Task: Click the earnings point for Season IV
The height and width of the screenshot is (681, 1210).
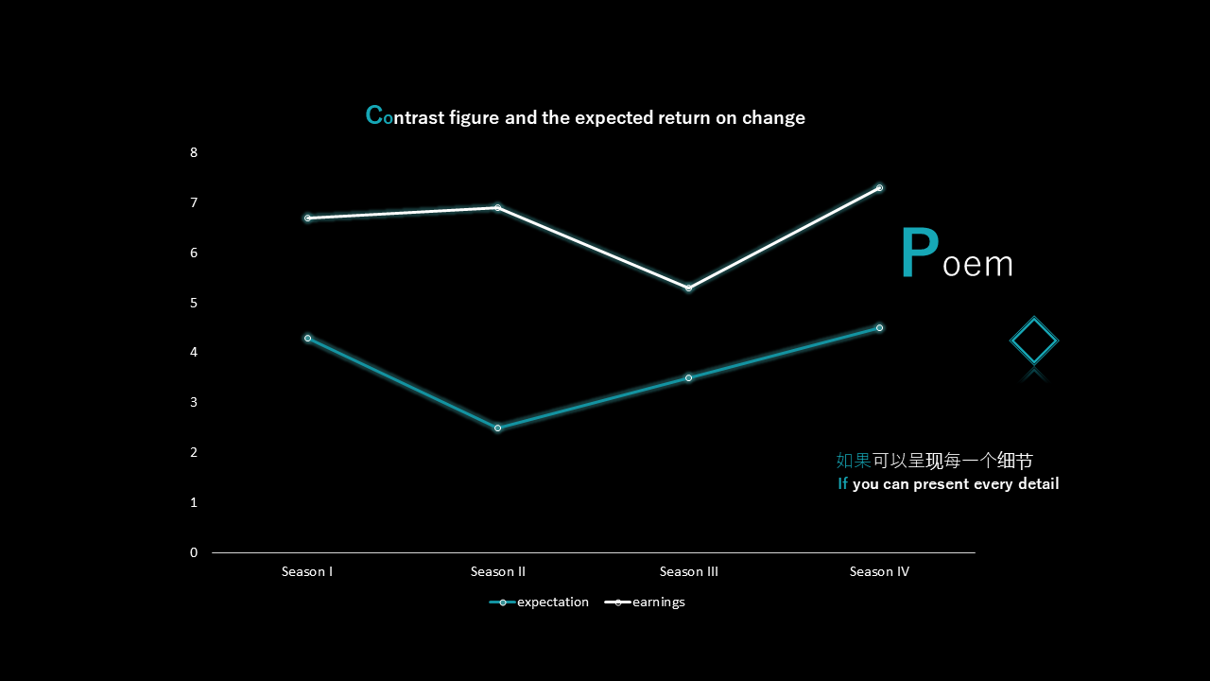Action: click(x=879, y=188)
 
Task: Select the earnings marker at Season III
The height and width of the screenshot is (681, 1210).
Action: click(x=689, y=288)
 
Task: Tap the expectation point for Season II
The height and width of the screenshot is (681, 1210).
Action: click(x=497, y=428)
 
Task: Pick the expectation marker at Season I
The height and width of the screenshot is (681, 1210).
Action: click(x=308, y=339)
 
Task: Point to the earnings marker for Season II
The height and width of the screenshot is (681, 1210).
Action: click(x=497, y=207)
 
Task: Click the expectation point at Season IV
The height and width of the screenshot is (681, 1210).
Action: click(x=879, y=328)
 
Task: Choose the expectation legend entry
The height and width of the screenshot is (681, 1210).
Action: click(x=539, y=602)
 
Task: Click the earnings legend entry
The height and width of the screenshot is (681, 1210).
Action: click(x=645, y=602)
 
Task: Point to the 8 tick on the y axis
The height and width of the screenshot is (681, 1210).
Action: click(x=194, y=152)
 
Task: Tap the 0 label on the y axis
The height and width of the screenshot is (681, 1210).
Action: click(x=194, y=552)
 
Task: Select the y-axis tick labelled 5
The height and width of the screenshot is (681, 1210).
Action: click(x=194, y=303)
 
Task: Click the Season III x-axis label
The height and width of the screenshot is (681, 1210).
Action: click(x=689, y=571)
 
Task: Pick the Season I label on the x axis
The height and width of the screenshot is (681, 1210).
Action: click(x=307, y=571)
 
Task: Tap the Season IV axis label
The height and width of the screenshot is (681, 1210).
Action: click(x=879, y=571)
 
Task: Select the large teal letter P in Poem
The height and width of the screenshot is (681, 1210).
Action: click(x=920, y=253)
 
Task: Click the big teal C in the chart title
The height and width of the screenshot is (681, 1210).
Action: click(x=373, y=114)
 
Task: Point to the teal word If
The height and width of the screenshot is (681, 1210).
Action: click(x=842, y=483)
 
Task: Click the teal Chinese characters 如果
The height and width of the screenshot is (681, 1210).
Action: click(x=854, y=461)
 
